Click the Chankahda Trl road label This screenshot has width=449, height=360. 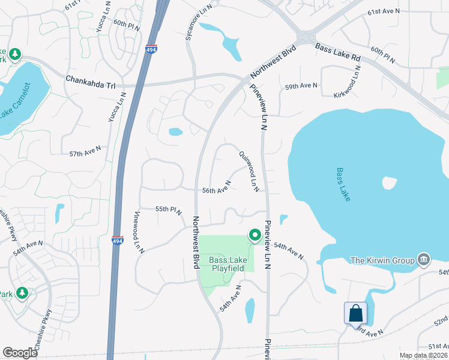tap(90, 78)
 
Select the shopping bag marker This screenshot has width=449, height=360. tap(355, 313)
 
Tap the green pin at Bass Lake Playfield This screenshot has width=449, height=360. tap(255, 235)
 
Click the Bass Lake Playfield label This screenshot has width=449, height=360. tap(227, 264)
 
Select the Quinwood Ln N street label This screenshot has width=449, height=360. tap(249, 171)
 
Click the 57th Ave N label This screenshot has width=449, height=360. tap(85, 154)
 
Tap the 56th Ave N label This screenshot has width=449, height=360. tap(217, 190)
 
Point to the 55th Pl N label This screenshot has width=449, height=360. tap(169, 209)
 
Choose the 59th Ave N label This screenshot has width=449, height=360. tap(301, 86)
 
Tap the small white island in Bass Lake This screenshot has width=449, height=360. tap(389, 182)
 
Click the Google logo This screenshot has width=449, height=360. tap(20, 353)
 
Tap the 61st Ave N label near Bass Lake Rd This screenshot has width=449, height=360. tap(383, 12)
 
